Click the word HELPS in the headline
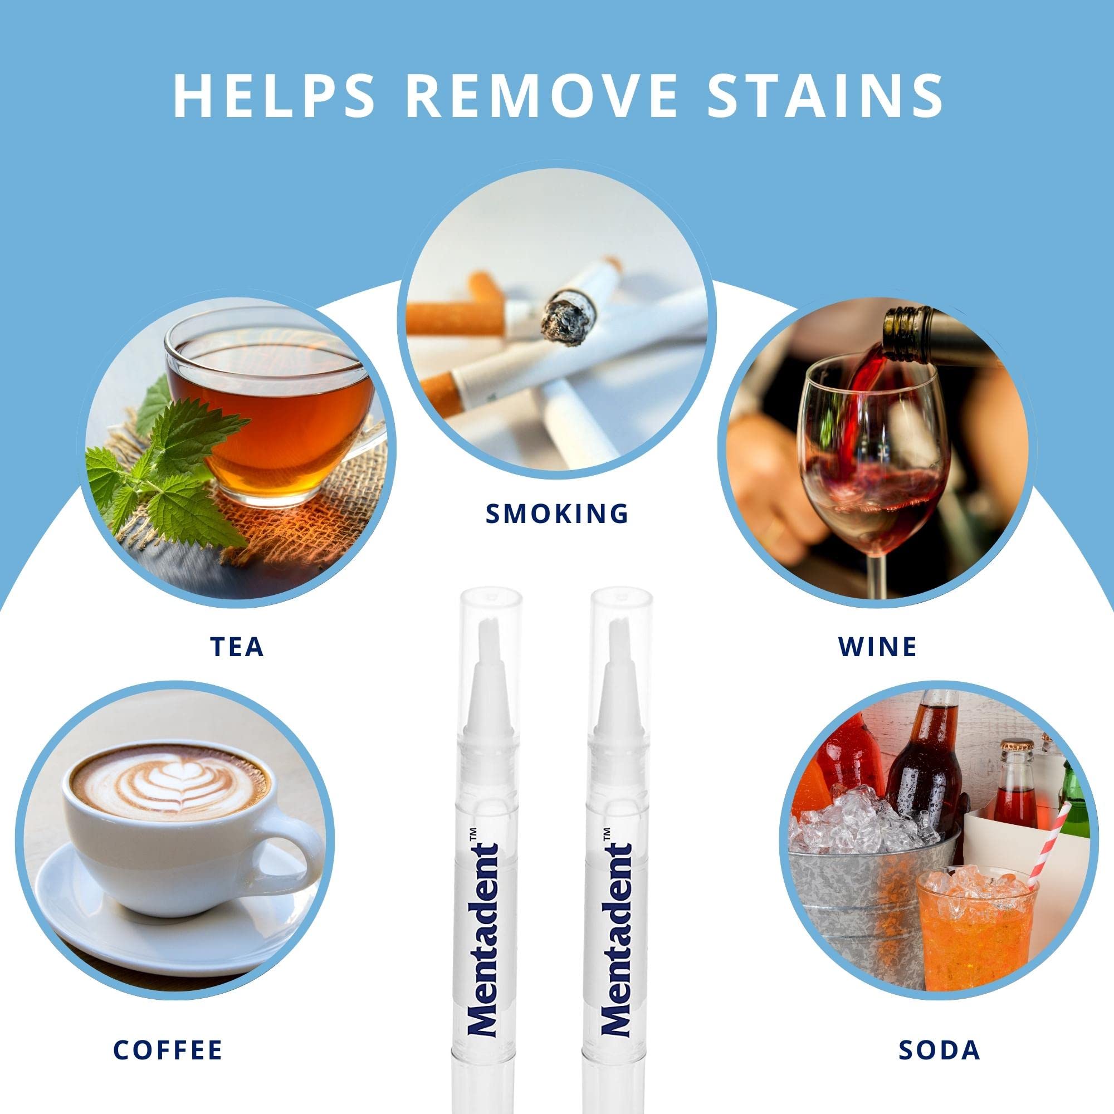coord(274,95)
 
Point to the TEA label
coord(237,646)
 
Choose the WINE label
coord(878,646)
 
